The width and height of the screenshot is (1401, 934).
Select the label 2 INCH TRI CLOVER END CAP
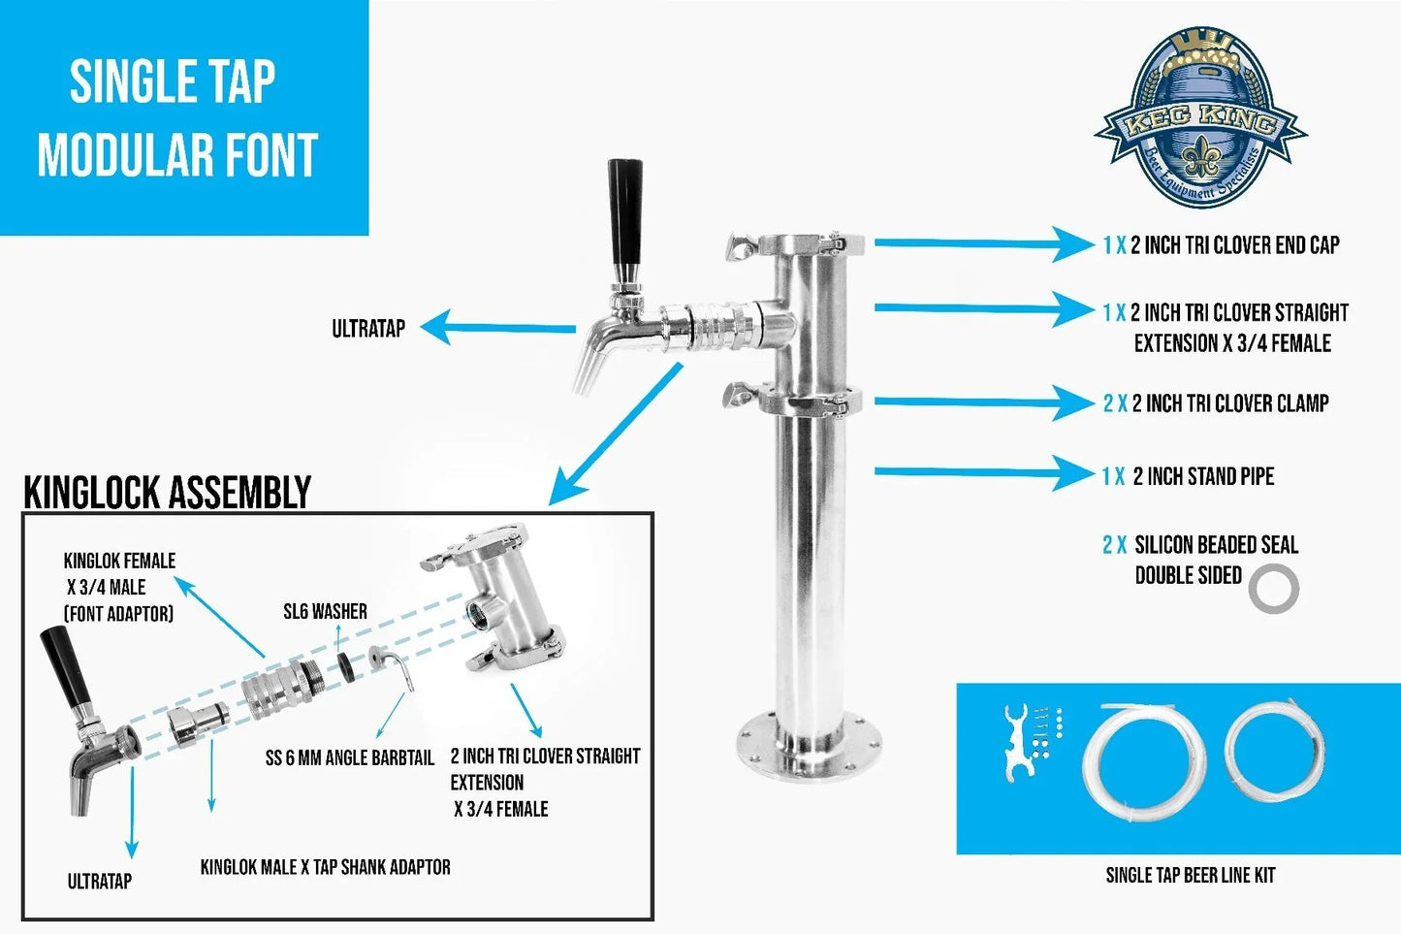coord(1222,245)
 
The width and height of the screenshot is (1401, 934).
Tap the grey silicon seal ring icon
coord(1273,589)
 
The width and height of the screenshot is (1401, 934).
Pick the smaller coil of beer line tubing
coord(1274,748)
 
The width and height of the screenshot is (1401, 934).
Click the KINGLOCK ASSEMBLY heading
coord(167,492)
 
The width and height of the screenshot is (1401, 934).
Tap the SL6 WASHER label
coord(325,612)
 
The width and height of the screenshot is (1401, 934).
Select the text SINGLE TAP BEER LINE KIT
coord(1190,875)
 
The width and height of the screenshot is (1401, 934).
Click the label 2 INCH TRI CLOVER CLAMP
coord(1216,403)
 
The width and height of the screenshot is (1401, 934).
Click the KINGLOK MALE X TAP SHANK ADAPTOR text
coord(325,867)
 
